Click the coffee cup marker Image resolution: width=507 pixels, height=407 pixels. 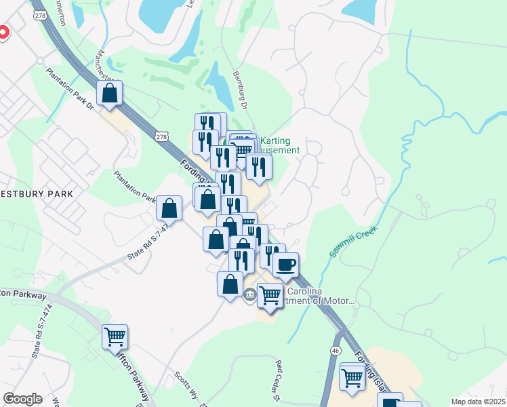click(286, 263)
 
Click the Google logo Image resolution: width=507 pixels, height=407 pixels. click(22, 399)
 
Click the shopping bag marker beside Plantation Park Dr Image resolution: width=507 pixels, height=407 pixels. click(169, 208)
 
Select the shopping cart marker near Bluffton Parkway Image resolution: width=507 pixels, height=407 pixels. click(115, 336)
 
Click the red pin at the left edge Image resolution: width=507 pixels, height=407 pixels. click(2, 32)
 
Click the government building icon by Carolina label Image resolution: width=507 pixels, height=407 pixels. click(249, 294)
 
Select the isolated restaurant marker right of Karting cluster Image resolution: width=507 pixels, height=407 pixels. click(259, 166)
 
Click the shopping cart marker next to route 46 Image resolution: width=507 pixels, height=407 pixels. click(352, 376)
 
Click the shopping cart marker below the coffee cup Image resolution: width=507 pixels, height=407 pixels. click(270, 295)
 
